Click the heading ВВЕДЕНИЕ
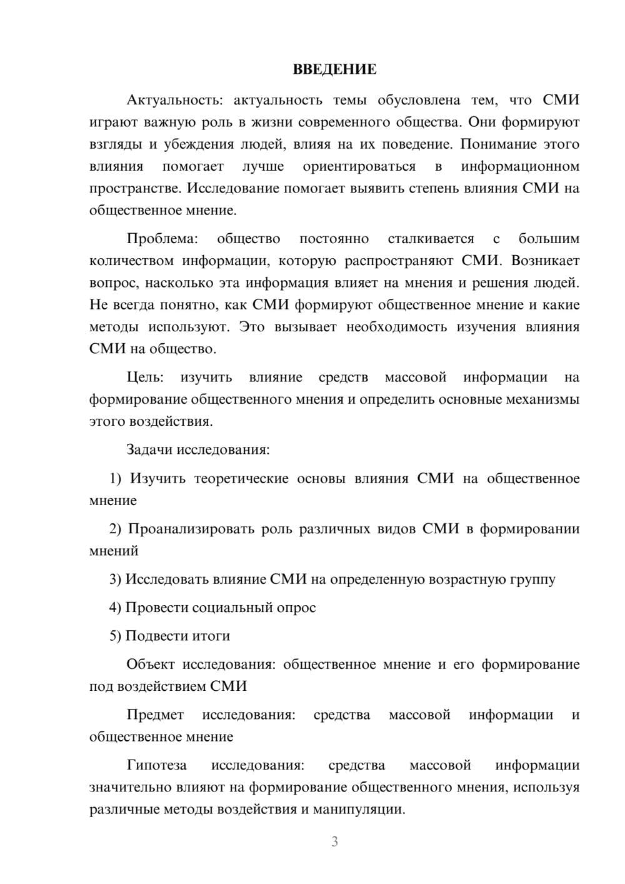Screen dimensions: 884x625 [x=334, y=69]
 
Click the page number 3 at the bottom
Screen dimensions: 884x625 [x=334, y=841]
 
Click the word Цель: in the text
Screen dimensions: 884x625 [x=145, y=377]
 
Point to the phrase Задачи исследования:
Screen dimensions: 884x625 [x=197, y=450]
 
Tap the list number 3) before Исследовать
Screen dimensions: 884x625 [x=115, y=580]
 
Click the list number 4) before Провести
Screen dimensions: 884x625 [x=115, y=608]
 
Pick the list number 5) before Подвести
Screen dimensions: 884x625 [x=115, y=636]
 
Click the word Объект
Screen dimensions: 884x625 [x=150, y=665]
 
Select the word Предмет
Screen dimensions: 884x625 [x=155, y=715]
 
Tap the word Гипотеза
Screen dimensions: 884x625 [x=156, y=765]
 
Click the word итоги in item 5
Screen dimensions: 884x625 [x=211, y=636]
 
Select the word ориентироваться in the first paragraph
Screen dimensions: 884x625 [x=359, y=166]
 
